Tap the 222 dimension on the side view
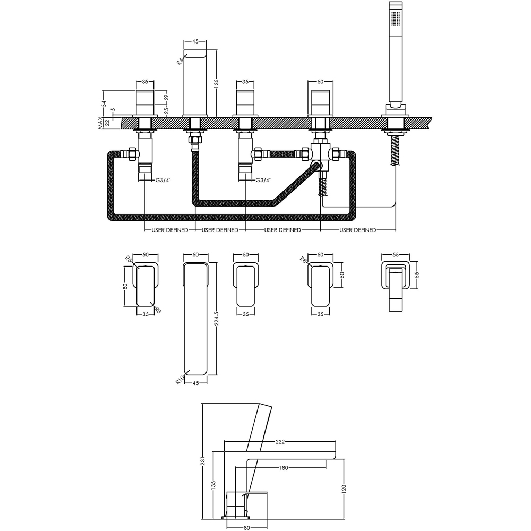pyautogui.click(x=281, y=442)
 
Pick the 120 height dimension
pyautogui.click(x=344, y=489)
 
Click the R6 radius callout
pyautogui.click(x=180, y=61)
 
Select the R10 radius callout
pyautogui.click(x=179, y=380)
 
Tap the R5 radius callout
pyautogui.click(x=129, y=260)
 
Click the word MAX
pyautogui.click(x=100, y=123)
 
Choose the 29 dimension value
pyautogui.click(x=166, y=98)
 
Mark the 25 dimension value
pyautogui.click(x=166, y=110)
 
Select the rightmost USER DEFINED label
pyautogui.click(x=357, y=230)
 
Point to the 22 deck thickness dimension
pyautogui.click(x=108, y=123)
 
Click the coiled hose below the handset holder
pyautogui.click(x=395, y=152)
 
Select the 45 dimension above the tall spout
pyautogui.click(x=195, y=41)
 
